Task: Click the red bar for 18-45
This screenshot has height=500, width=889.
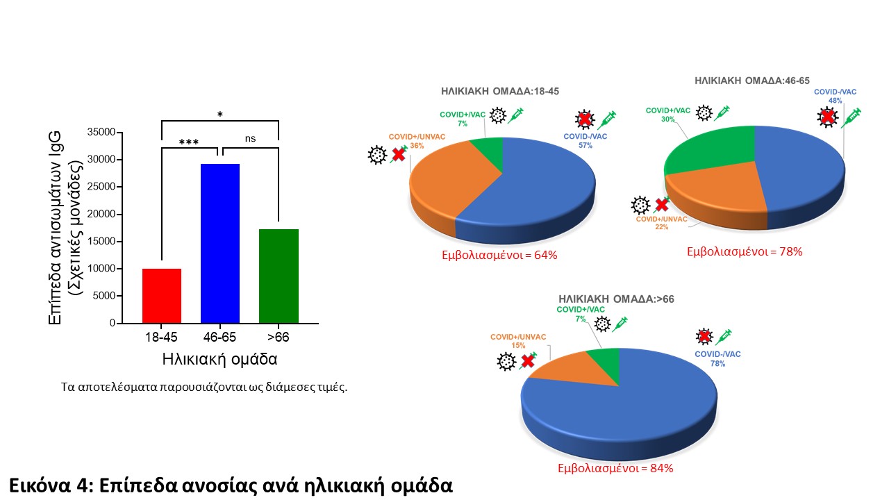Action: [x=162, y=296]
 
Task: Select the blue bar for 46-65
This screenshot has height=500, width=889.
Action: [x=220, y=243]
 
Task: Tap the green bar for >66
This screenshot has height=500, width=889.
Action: [x=279, y=276]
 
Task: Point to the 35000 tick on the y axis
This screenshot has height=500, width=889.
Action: [x=102, y=132]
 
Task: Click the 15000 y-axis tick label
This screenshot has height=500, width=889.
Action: [x=102, y=242]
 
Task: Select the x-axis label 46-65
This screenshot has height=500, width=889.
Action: [x=220, y=337]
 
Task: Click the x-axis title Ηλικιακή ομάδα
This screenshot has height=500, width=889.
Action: [x=220, y=360]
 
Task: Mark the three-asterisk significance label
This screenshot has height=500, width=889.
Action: [x=189, y=142]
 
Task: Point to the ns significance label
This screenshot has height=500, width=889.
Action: [x=250, y=138]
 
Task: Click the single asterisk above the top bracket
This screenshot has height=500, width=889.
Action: [x=220, y=115]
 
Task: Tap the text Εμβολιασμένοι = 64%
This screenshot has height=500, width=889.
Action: [x=500, y=255]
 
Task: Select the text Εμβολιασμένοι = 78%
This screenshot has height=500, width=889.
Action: [x=745, y=251]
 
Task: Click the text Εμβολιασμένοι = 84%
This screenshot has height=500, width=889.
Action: [x=616, y=468]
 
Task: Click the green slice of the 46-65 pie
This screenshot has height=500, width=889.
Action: [x=708, y=149]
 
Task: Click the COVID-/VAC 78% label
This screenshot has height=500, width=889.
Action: [x=717, y=358]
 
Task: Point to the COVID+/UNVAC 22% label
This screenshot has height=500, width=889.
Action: [x=661, y=223]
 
